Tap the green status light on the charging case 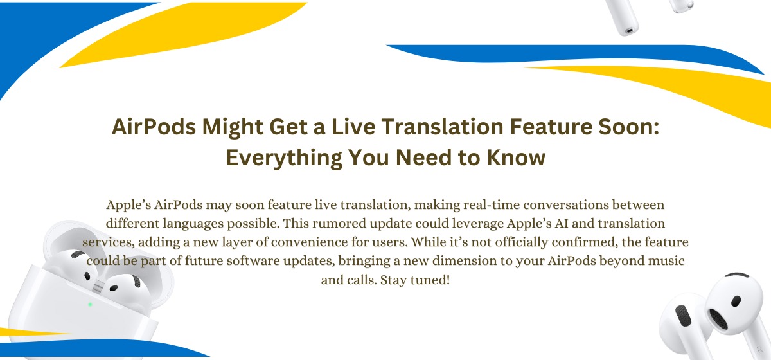(90, 304)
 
